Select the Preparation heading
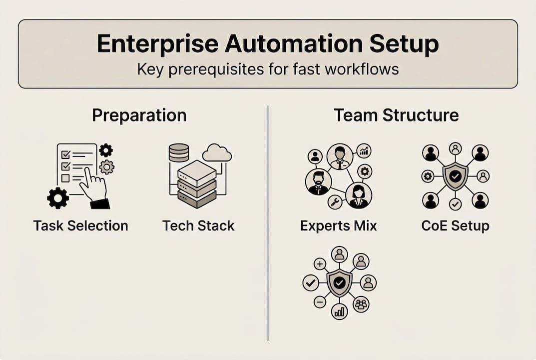pos(139,115)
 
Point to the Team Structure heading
pos(396,115)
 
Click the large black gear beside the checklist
pos(58,198)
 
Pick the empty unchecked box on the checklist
pos(65,178)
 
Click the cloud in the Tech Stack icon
pos(217,153)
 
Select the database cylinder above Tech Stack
pos(179,152)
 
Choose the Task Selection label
pos(81,225)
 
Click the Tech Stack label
pos(198,225)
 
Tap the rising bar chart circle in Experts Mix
pos(364,151)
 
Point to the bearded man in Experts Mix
pos(318,181)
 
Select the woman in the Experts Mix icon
pos(359,195)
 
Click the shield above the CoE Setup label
pos(455,176)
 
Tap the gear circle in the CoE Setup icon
pos(428,176)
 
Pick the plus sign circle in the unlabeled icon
pos(320,264)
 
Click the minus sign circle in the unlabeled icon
pos(320,302)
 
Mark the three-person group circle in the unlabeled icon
pos(361,303)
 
